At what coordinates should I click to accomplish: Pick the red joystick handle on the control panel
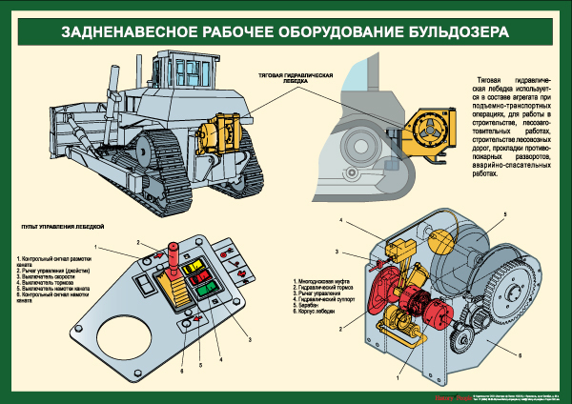tap(174, 255)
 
